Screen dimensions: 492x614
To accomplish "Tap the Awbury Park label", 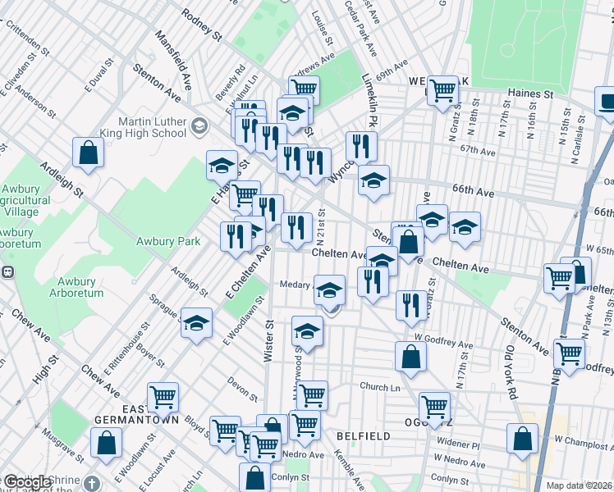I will [x=168, y=241].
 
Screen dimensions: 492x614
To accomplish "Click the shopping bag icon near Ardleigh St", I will [x=89, y=153].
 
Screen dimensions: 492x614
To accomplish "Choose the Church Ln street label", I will [x=379, y=386].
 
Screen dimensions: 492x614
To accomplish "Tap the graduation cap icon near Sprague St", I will [x=196, y=325].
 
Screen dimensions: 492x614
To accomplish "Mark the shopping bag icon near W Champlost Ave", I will [x=523, y=439].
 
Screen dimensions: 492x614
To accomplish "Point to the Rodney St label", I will [x=202, y=25].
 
